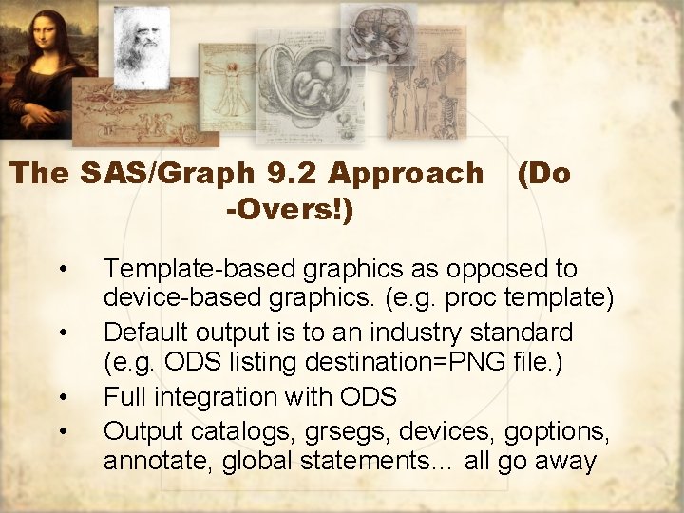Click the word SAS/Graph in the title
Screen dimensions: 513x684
click(x=158, y=174)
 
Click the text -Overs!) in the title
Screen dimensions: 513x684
click(x=290, y=210)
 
